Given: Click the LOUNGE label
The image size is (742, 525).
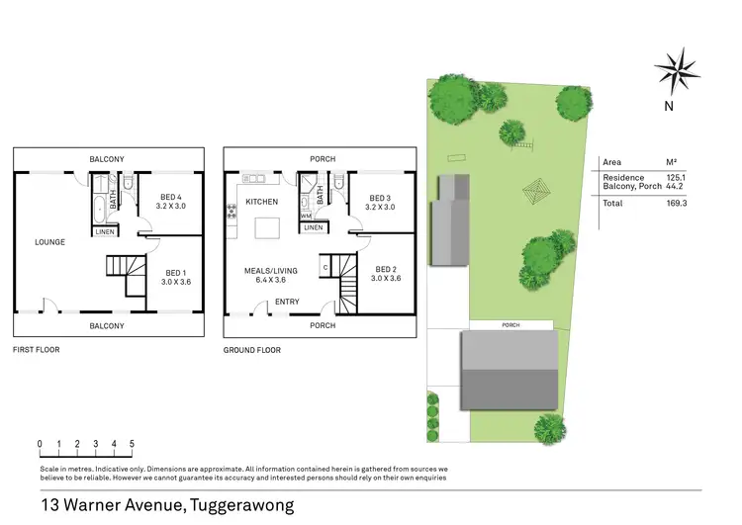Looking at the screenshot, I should [x=49, y=241].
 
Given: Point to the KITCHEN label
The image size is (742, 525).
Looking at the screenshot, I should [x=263, y=201].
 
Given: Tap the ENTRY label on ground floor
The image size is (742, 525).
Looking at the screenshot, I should [x=287, y=302].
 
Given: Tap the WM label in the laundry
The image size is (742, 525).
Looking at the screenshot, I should [x=307, y=215].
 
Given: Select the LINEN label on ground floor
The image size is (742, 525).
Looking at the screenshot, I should [x=313, y=227].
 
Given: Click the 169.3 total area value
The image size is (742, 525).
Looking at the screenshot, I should [x=677, y=202].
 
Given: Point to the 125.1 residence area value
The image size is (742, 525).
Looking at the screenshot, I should [x=677, y=177].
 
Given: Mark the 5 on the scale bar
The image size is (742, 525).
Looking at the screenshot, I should [x=132, y=444].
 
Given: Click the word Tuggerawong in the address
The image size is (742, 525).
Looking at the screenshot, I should [x=240, y=505].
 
